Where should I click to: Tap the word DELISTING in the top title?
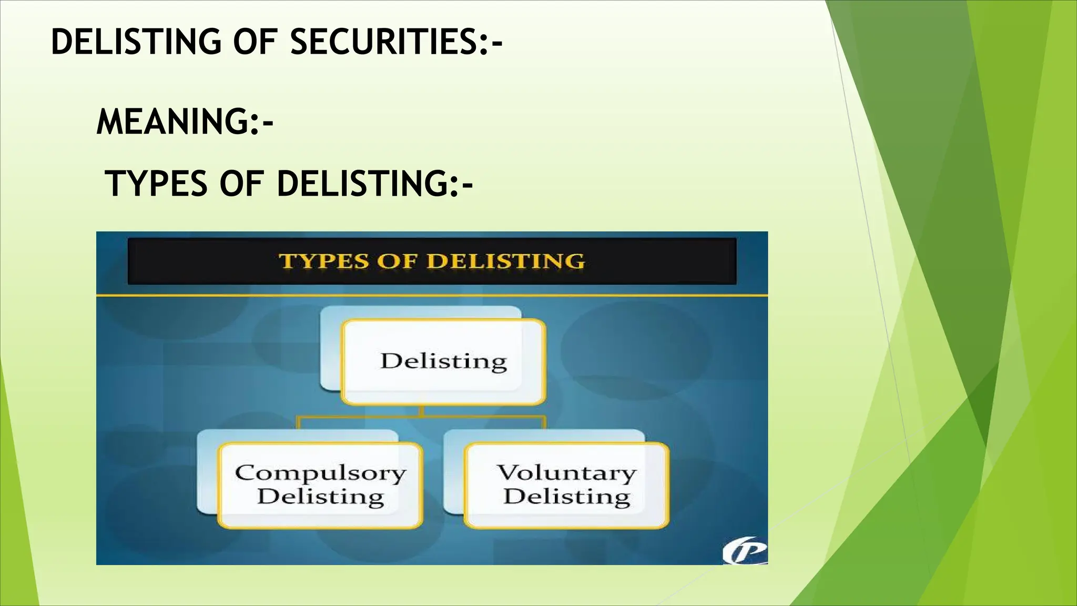tap(136, 42)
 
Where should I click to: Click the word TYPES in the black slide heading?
tap(156, 184)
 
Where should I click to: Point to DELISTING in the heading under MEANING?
tap(363, 184)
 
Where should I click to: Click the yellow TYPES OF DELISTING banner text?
tap(431, 261)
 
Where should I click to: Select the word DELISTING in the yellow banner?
tap(505, 261)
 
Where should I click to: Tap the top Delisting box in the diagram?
tap(443, 362)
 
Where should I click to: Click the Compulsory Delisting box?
tap(320, 485)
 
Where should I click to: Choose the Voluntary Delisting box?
tap(566, 485)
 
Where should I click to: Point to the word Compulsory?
tap(320, 473)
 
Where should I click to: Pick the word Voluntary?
tap(566, 472)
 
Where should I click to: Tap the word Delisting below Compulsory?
tap(320, 497)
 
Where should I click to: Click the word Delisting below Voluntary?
tap(566, 497)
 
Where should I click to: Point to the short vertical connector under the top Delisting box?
tap(422, 410)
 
